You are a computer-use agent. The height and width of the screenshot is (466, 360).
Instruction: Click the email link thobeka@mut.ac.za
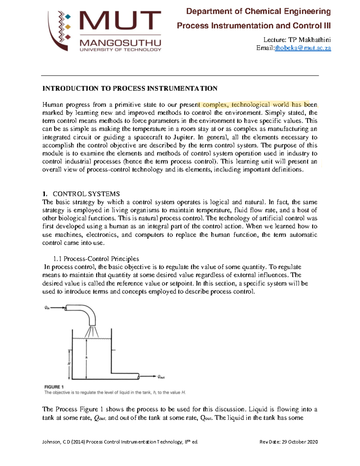click(303, 48)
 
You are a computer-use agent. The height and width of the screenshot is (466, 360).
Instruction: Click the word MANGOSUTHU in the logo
click(120, 43)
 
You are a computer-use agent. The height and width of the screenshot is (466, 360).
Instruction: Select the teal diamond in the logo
click(68, 17)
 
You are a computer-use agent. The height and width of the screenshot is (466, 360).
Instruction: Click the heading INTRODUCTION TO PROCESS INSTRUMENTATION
click(130, 89)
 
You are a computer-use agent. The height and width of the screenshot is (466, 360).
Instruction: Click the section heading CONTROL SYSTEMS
click(86, 194)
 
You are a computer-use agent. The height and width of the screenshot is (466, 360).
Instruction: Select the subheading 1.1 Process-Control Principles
click(96, 259)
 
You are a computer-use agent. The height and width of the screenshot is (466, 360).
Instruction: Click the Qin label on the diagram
click(47, 308)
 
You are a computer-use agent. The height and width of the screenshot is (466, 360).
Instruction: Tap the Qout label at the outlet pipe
click(161, 377)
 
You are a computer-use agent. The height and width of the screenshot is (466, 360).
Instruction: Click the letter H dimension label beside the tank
click(69, 363)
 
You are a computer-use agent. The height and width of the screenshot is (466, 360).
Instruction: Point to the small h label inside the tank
click(86, 357)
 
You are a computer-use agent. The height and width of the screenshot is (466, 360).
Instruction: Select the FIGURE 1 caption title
click(54, 387)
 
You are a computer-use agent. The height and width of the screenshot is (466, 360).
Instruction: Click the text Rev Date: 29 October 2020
click(288, 442)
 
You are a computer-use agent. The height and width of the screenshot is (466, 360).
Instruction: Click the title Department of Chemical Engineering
click(258, 11)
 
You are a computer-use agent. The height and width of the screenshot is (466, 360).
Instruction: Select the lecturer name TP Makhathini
click(309, 40)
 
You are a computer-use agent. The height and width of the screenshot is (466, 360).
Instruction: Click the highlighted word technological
click(250, 105)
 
